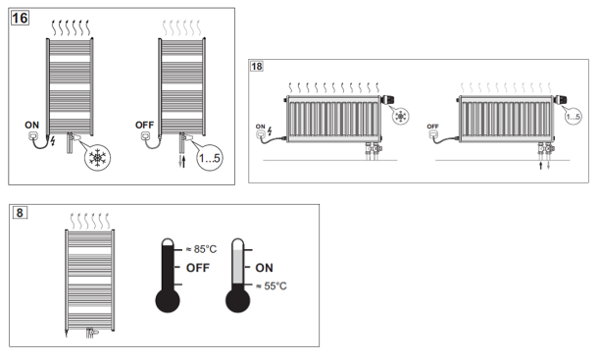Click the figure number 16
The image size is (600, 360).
(x=20, y=18)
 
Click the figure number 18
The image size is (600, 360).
(x=257, y=67)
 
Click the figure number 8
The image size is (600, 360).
(x=20, y=213)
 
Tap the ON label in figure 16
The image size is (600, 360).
(x=31, y=126)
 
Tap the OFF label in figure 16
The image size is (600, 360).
(x=144, y=126)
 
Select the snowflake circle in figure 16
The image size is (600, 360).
(x=98, y=157)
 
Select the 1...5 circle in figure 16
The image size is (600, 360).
(x=209, y=157)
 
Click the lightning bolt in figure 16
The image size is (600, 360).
(x=53, y=141)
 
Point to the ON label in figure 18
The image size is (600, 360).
(x=260, y=127)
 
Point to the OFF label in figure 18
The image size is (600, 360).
(x=432, y=127)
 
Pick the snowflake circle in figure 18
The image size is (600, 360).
(x=401, y=116)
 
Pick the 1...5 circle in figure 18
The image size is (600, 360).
(x=573, y=116)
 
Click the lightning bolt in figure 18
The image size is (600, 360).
(x=270, y=131)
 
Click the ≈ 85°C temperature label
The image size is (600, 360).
(x=201, y=249)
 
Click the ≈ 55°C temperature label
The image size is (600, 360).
(x=272, y=286)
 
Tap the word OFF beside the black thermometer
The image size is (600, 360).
(x=198, y=268)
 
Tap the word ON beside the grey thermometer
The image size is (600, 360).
(x=264, y=268)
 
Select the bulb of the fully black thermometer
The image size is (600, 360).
(x=168, y=300)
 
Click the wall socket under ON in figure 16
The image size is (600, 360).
(x=33, y=136)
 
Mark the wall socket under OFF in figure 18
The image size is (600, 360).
(x=432, y=134)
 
